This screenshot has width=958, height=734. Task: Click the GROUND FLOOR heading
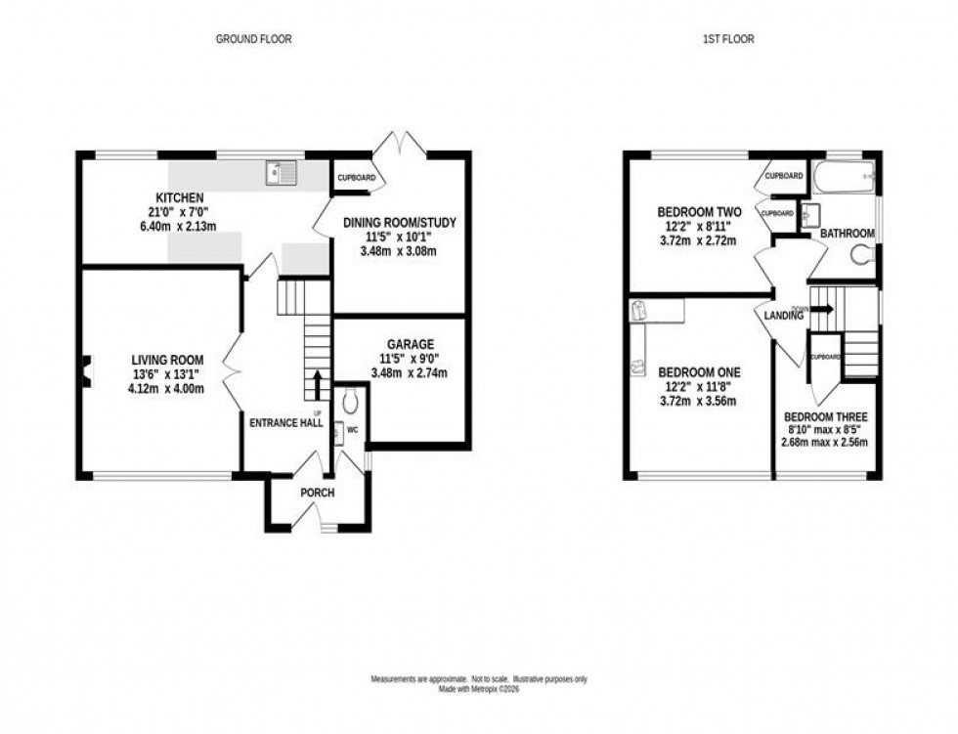coord(253,39)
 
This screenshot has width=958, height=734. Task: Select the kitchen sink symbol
coord(281,174)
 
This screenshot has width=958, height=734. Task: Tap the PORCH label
coord(318,493)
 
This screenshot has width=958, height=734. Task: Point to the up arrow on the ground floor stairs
coord(316,384)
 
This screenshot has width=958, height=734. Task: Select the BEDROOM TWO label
coord(699,212)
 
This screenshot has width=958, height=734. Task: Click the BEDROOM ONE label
coord(699,372)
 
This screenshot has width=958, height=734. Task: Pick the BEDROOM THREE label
coord(825,416)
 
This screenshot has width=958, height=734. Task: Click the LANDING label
coord(784,316)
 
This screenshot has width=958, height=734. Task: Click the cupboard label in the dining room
coord(356,178)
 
